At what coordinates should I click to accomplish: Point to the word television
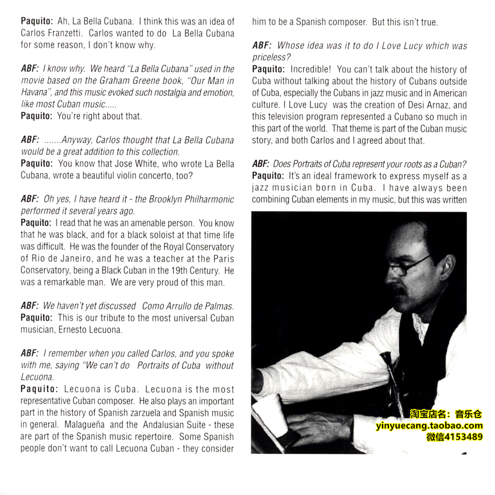(x=289, y=117)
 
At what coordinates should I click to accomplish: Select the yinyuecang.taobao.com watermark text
(x=429, y=426)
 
